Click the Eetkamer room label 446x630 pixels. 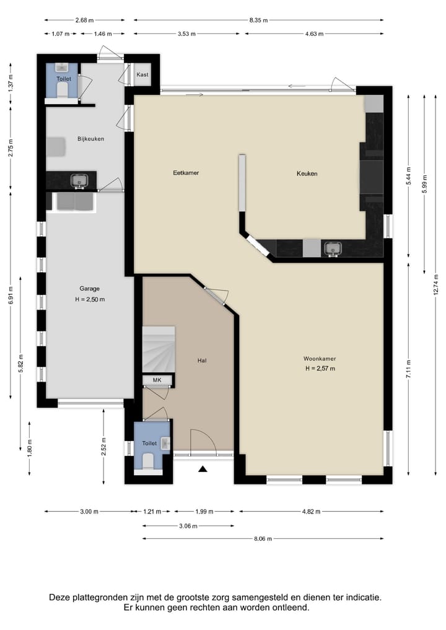pos(186,173)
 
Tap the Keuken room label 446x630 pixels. pos(307,173)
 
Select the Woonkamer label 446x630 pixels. pos(320,359)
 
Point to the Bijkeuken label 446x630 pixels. pos(91,139)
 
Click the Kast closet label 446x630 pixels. pos(142,74)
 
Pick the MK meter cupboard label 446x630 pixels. pos(157,380)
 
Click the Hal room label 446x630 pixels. pos(202,361)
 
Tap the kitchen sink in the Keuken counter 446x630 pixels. pos(333,249)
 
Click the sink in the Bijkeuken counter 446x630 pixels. pos(79,182)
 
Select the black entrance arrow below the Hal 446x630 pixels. pos(203,468)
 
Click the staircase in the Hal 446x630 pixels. pos(159,349)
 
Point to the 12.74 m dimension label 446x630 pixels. pos(435,284)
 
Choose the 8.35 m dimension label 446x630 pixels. pos(258,20)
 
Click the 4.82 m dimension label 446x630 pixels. pos(312,512)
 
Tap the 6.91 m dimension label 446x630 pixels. pos(11,295)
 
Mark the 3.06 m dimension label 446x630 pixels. pos(188,526)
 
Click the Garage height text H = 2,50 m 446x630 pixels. pos(90,299)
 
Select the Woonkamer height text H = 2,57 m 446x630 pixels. pos(320,369)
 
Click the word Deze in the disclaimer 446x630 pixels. pos(59,597)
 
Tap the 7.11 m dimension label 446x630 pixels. pos(408,369)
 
